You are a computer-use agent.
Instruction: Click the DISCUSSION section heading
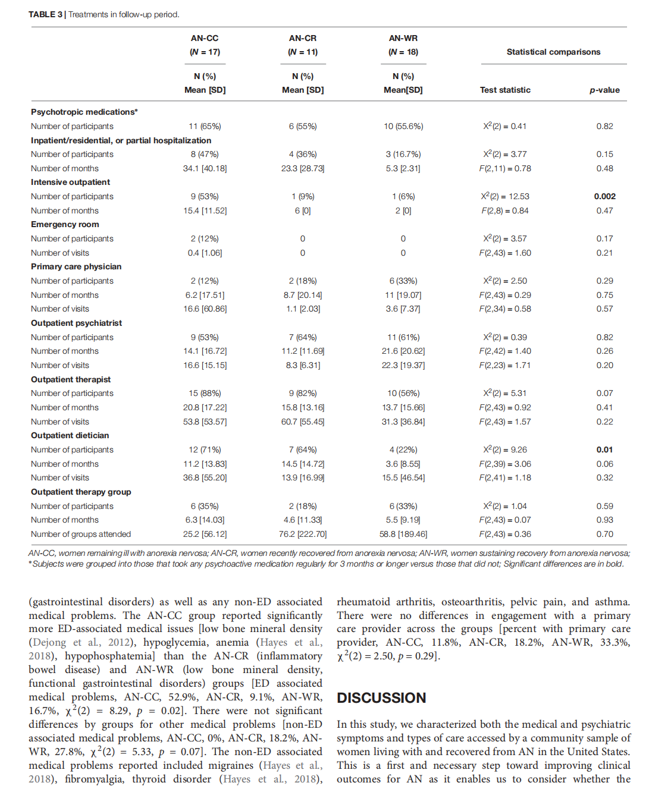tap(381, 697)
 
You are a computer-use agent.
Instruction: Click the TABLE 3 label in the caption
tap(45, 14)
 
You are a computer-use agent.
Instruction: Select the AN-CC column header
tap(205, 38)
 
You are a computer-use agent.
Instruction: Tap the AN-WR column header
tap(403, 38)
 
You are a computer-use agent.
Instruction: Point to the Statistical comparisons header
tap(553, 52)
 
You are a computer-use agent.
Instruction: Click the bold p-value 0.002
tap(604, 196)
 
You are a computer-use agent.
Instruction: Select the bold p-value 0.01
tap(604, 449)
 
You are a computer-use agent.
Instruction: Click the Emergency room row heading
tap(65, 224)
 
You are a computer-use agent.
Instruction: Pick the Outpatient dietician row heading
tap(70, 435)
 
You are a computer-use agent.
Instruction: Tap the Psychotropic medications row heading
tap(84, 112)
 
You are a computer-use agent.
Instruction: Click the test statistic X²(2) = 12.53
tap(505, 196)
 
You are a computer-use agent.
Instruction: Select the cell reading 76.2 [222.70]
tap(303, 534)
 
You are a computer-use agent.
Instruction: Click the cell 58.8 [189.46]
tap(403, 534)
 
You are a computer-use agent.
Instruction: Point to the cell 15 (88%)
tap(205, 393)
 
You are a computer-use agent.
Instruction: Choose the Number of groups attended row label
tap(81, 534)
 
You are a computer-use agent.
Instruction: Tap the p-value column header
tap(604, 90)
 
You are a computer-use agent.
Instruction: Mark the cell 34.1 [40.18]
tap(205, 168)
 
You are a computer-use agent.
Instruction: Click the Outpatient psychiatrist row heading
tap(76, 323)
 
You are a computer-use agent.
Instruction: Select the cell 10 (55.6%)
tap(403, 126)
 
